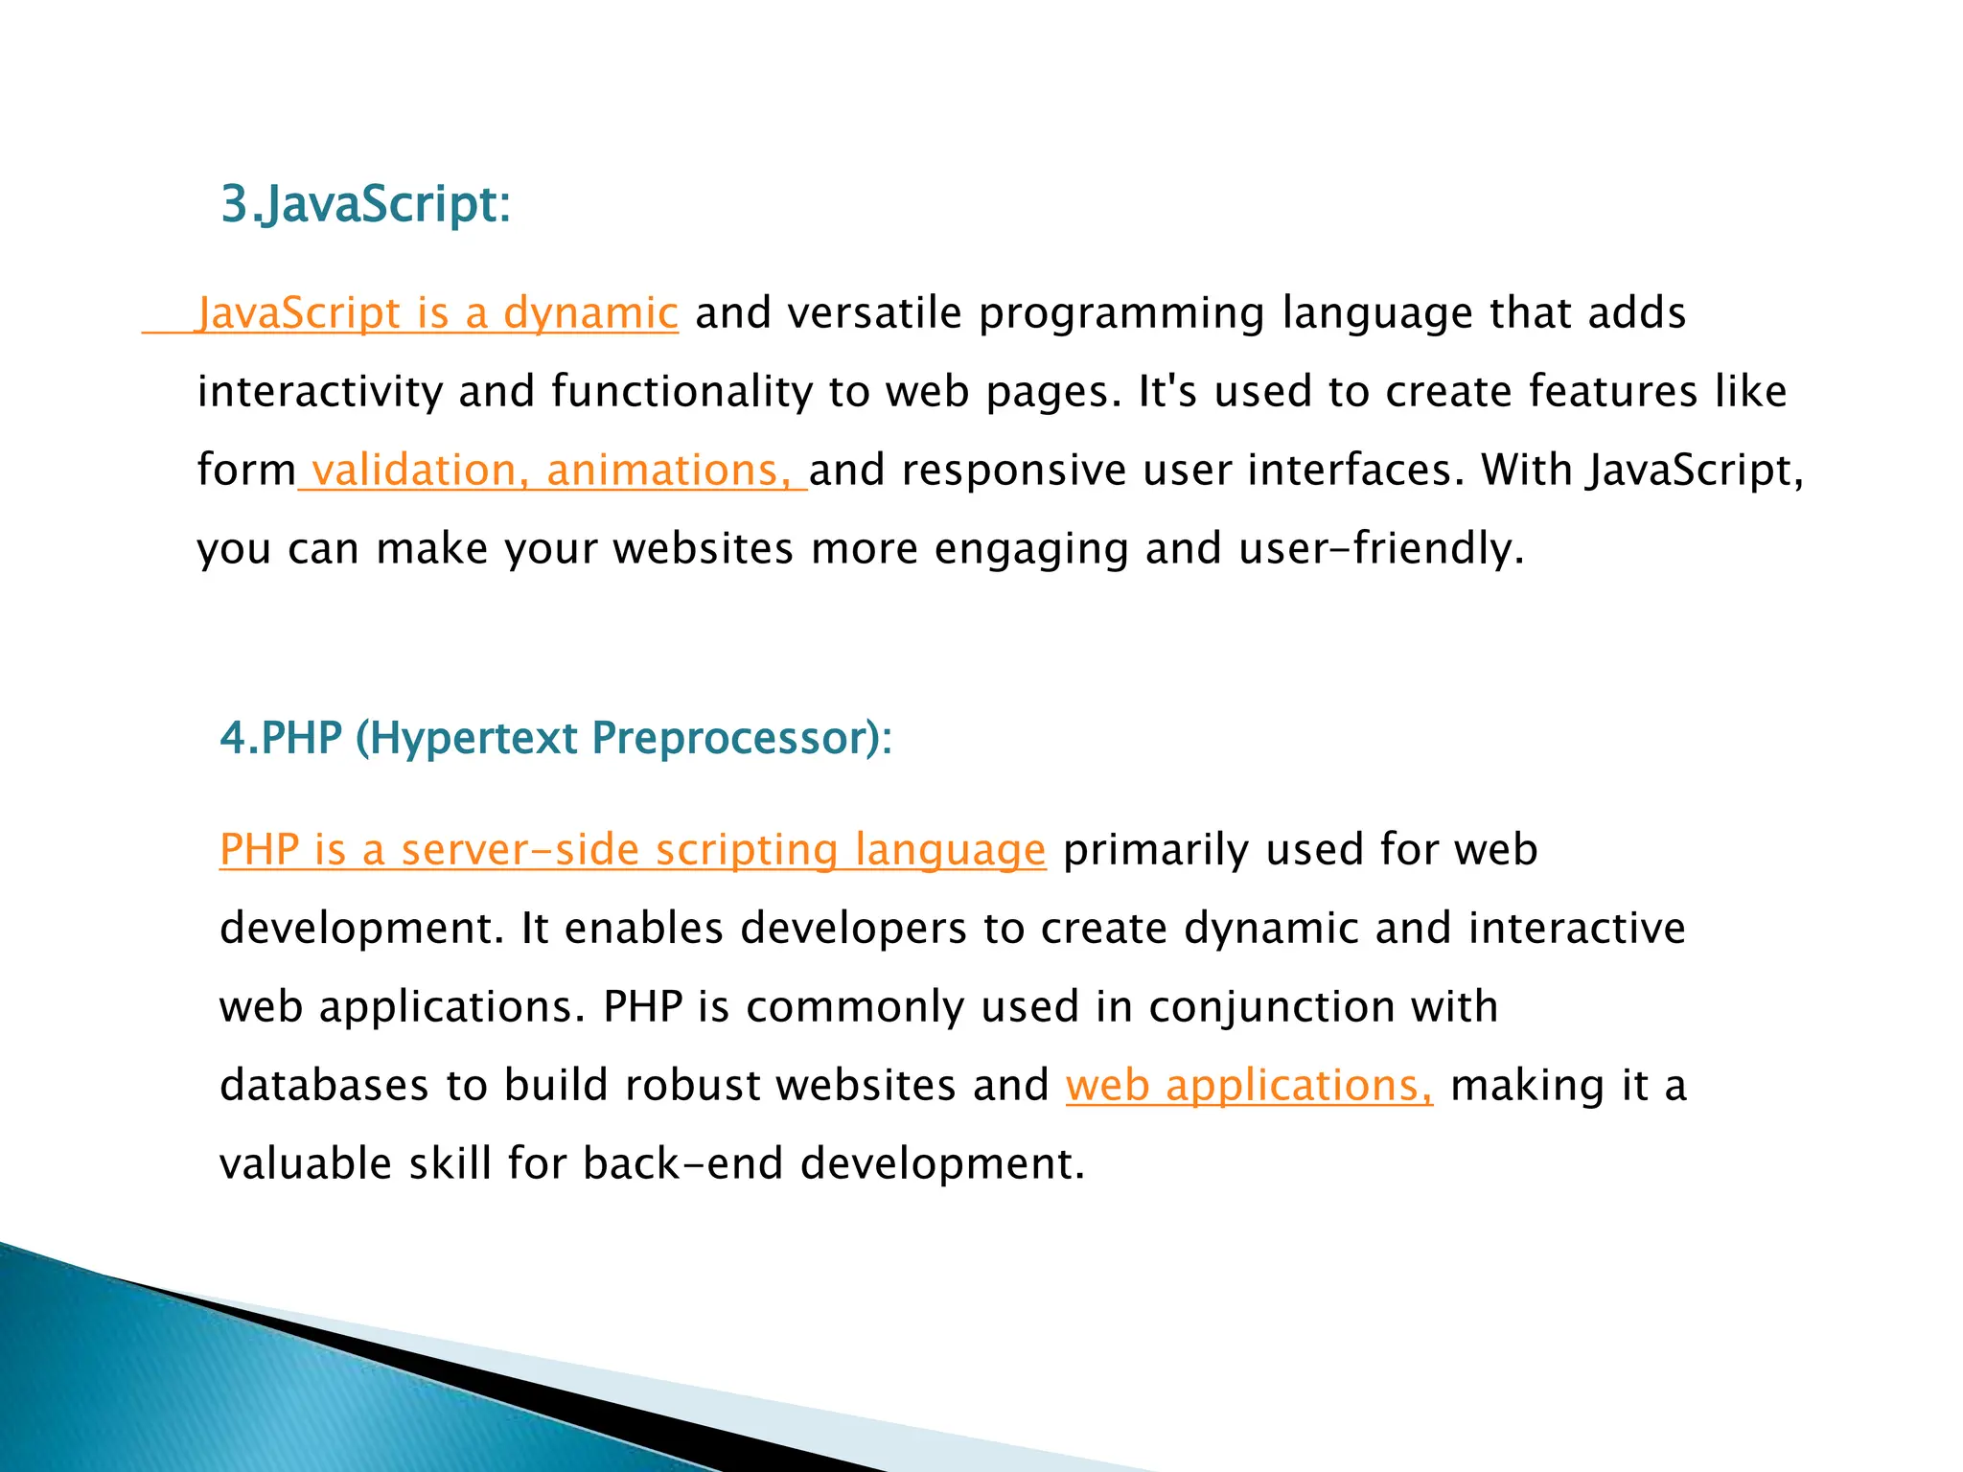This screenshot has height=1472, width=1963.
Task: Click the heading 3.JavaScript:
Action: click(x=365, y=204)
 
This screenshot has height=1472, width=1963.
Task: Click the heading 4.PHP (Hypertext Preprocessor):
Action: click(x=556, y=738)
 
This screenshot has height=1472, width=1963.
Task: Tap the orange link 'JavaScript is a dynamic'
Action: click(x=437, y=313)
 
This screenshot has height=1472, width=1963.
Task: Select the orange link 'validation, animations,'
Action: click(x=552, y=471)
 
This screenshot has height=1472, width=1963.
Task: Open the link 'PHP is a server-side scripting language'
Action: click(x=633, y=850)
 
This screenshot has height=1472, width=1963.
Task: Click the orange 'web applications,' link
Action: click(x=1249, y=1086)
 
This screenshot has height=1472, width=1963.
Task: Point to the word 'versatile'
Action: click(x=873, y=313)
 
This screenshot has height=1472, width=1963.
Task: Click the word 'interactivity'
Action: click(x=319, y=392)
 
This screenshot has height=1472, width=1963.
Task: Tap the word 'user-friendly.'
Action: click(x=1380, y=549)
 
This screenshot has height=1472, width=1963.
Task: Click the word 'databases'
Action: click(x=324, y=1086)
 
